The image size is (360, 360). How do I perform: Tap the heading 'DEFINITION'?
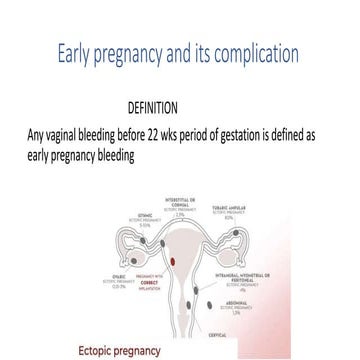point(153,107)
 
